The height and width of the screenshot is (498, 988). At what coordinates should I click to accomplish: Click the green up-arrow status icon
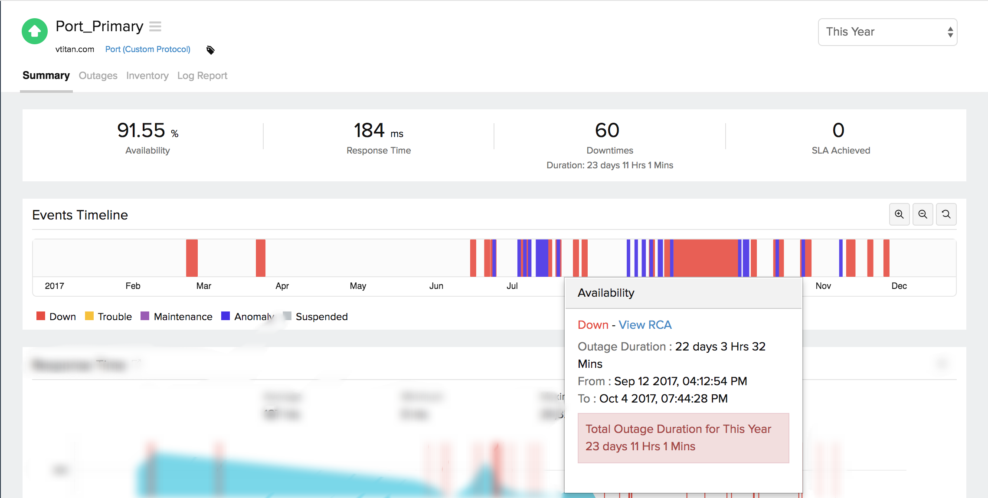click(35, 31)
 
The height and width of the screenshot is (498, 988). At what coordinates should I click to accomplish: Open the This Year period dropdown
click(887, 32)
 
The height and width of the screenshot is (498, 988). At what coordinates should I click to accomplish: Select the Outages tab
click(98, 75)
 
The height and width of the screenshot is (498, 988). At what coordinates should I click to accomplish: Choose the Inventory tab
click(147, 75)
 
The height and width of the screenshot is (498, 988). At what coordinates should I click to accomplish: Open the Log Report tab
click(202, 75)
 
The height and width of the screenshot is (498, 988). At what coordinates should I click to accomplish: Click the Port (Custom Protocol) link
click(147, 49)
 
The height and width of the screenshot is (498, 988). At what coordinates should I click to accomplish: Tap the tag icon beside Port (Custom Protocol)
click(210, 50)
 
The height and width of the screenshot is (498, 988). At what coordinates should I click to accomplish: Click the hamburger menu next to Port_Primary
click(155, 27)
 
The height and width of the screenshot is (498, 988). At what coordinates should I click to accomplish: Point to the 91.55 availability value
click(141, 130)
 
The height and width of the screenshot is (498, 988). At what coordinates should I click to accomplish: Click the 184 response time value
click(370, 130)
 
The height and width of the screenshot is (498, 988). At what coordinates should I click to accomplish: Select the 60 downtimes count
click(607, 130)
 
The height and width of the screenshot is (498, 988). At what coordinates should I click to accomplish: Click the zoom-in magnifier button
click(899, 214)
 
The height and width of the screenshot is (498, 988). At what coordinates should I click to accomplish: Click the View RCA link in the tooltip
click(645, 325)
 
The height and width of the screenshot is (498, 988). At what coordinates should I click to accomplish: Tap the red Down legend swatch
click(41, 316)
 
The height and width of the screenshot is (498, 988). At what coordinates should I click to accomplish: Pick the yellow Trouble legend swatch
click(89, 316)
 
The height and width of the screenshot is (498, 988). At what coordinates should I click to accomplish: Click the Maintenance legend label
click(183, 317)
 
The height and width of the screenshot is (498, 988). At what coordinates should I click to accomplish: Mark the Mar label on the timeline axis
click(203, 286)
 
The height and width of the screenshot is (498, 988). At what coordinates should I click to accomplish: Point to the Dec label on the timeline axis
click(899, 286)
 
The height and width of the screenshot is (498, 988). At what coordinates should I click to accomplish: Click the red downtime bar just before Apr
click(260, 258)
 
